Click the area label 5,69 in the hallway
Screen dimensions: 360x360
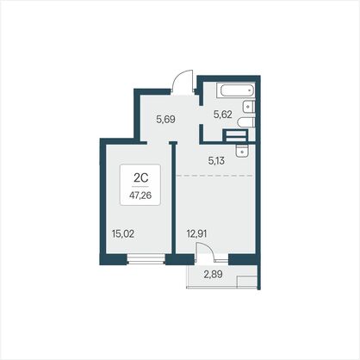165,119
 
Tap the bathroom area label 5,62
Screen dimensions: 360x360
222,115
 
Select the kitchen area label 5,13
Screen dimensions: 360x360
216,161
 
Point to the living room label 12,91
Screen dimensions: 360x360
196,234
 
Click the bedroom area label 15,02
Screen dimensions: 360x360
123,234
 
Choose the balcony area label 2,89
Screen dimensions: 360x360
213,275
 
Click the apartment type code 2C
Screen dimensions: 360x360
140,178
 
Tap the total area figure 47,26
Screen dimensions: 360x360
140,196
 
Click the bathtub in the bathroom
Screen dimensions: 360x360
238,90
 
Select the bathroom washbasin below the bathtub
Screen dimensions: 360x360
249,108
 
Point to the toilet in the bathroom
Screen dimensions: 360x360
246,123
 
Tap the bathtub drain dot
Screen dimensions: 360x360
250,90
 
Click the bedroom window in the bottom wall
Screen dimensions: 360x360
146,258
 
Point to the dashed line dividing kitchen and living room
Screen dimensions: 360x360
214,175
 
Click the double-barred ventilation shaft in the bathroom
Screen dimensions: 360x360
236,136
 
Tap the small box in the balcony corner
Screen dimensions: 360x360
246,282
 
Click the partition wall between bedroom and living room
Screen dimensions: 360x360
173,198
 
